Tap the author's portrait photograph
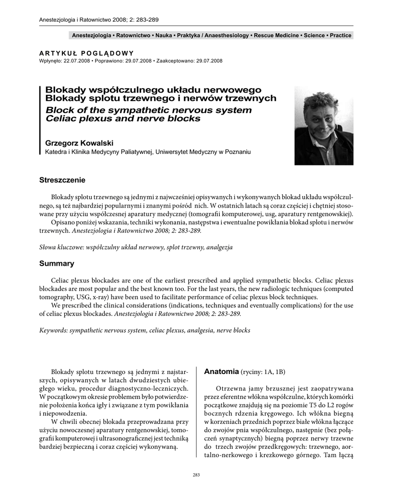[x=324, y=125]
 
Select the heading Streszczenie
[x=62, y=180]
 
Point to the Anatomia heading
[x=221, y=371]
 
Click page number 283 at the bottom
[x=196, y=475]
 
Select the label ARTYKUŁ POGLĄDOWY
[x=86, y=53]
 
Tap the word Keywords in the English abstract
[x=52, y=330]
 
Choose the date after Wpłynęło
[x=76, y=61]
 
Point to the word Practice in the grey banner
[x=341, y=35]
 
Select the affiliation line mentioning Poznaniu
[x=148, y=152]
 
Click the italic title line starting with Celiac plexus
[x=123, y=118]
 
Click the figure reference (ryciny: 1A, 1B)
[x=263, y=372]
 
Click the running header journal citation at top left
[x=98, y=20]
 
